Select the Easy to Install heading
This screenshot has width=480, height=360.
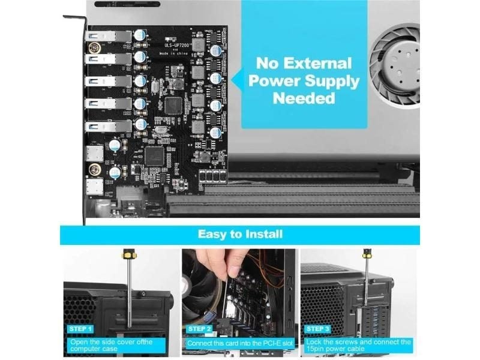pyautogui.click(x=240, y=233)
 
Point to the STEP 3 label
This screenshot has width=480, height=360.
pyautogui.click(x=316, y=329)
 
